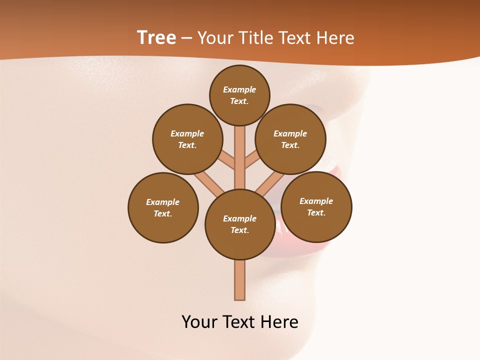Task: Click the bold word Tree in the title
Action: click(156, 38)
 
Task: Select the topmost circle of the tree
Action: click(239, 95)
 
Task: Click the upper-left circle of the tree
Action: click(187, 139)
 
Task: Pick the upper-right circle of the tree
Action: click(290, 139)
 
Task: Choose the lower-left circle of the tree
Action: click(163, 207)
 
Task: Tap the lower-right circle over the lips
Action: click(316, 206)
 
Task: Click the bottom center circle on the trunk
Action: click(239, 224)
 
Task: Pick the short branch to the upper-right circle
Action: click(251, 160)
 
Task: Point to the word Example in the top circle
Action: click(239, 89)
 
